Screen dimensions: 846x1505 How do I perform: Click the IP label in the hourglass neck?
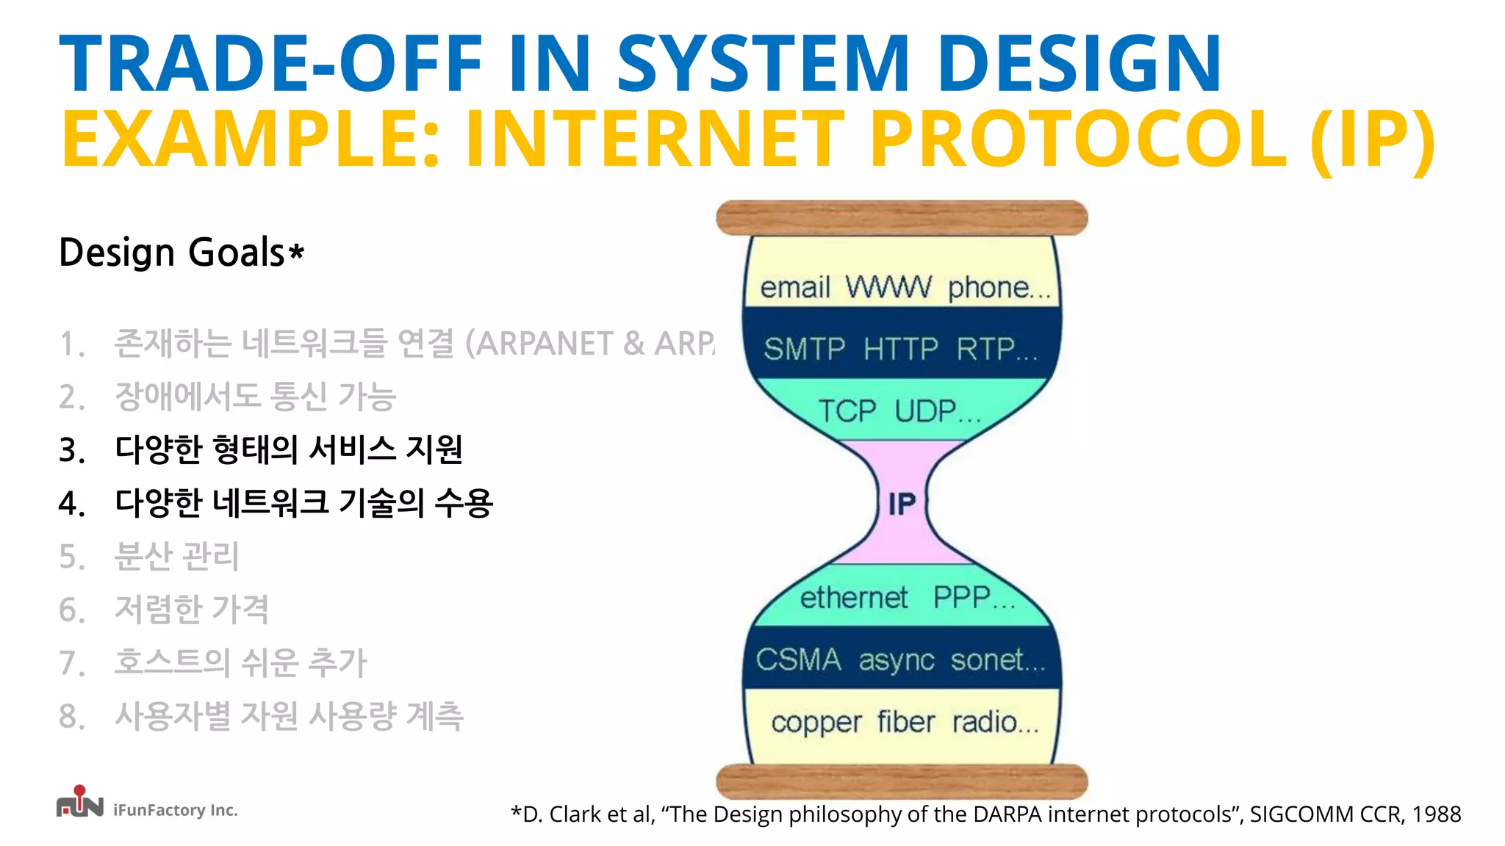(x=902, y=505)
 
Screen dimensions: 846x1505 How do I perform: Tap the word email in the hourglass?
(x=794, y=288)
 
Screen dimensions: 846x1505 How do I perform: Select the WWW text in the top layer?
(x=888, y=287)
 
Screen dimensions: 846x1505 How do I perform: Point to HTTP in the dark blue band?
(x=900, y=349)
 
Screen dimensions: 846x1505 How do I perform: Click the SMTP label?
(x=804, y=349)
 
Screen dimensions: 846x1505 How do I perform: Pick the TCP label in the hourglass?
(x=847, y=411)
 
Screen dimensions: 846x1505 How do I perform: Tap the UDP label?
(x=927, y=411)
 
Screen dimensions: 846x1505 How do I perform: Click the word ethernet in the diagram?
(x=853, y=598)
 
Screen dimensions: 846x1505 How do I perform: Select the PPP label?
(x=963, y=598)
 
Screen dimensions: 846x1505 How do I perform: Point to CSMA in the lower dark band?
(x=798, y=659)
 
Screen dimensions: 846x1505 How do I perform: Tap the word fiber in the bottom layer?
(x=905, y=723)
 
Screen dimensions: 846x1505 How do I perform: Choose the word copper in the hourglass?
(x=816, y=723)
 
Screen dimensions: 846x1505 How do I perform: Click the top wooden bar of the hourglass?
(x=902, y=218)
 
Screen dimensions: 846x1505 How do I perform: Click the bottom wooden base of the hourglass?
(x=902, y=781)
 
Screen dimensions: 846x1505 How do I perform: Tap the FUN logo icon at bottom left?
(x=79, y=803)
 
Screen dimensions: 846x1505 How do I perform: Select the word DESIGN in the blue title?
(x=1079, y=64)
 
